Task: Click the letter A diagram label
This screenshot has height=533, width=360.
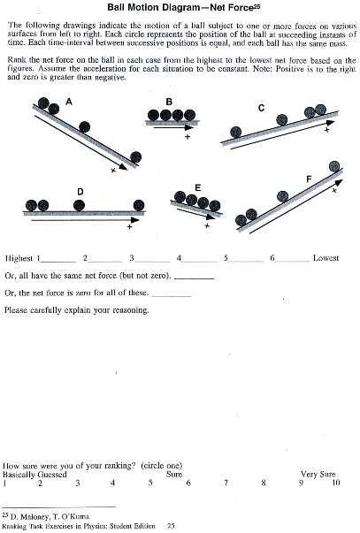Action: point(69,103)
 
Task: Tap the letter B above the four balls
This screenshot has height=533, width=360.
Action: point(168,102)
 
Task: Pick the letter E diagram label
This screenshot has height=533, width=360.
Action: point(198,187)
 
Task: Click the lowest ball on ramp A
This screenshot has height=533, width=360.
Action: point(135,156)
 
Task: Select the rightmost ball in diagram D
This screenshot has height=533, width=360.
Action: point(137,205)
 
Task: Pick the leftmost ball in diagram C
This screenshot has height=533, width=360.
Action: point(236,133)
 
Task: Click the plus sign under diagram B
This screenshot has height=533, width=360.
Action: point(187,137)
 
